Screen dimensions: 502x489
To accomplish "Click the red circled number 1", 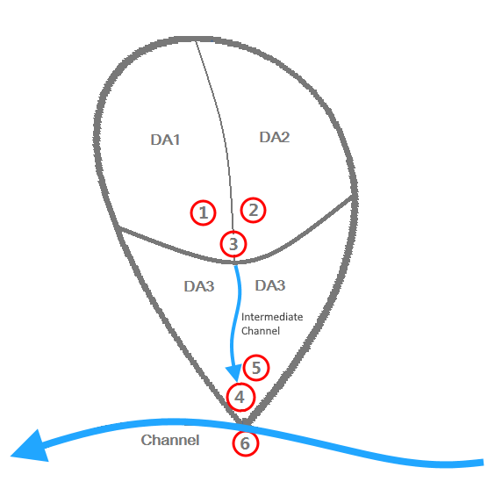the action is (204, 212).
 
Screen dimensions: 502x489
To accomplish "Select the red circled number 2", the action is (254, 210).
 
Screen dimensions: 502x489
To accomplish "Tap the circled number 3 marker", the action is (233, 244).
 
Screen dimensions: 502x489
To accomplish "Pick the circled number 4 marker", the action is (240, 397).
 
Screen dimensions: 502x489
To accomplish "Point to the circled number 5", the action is (256, 368).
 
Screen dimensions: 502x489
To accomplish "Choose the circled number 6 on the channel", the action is (246, 443).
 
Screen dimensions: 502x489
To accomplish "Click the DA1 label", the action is (165, 140).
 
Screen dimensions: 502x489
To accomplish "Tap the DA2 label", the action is (275, 137).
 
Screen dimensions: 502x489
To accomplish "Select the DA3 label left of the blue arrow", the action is (199, 286).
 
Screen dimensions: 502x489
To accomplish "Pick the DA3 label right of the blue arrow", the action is (270, 285).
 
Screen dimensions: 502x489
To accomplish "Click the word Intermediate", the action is (272, 317).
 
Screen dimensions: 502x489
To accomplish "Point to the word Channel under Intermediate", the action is (261, 331).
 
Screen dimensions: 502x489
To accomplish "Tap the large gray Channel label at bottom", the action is (170, 440).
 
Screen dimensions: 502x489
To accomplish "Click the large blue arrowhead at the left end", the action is (32, 448).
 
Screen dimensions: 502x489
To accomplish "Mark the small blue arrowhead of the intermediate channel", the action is (234, 372).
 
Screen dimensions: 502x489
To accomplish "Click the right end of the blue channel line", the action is (483, 463).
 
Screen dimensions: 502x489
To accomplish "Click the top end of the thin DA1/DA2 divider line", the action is (196, 40).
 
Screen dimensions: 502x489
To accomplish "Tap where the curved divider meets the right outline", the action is (352, 196).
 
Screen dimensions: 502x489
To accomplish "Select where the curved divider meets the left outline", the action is (118, 227).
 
